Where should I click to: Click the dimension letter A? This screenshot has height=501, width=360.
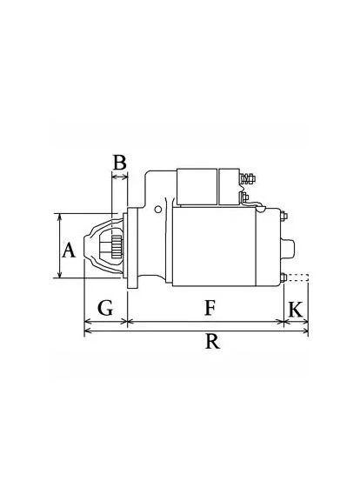(x=69, y=250)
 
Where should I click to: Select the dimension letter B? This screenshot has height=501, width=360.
(x=120, y=163)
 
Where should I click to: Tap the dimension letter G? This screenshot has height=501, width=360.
(x=105, y=308)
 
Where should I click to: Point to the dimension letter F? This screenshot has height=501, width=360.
(x=210, y=308)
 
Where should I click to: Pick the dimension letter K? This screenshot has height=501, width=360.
(x=296, y=310)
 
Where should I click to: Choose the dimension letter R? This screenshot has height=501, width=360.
(x=212, y=341)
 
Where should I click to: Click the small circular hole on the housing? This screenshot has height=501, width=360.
(x=157, y=210)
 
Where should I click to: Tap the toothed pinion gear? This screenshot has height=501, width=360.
(x=117, y=247)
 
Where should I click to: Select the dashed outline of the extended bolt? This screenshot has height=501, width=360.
(x=297, y=277)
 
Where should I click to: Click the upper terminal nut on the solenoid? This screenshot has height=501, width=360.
(x=248, y=178)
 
